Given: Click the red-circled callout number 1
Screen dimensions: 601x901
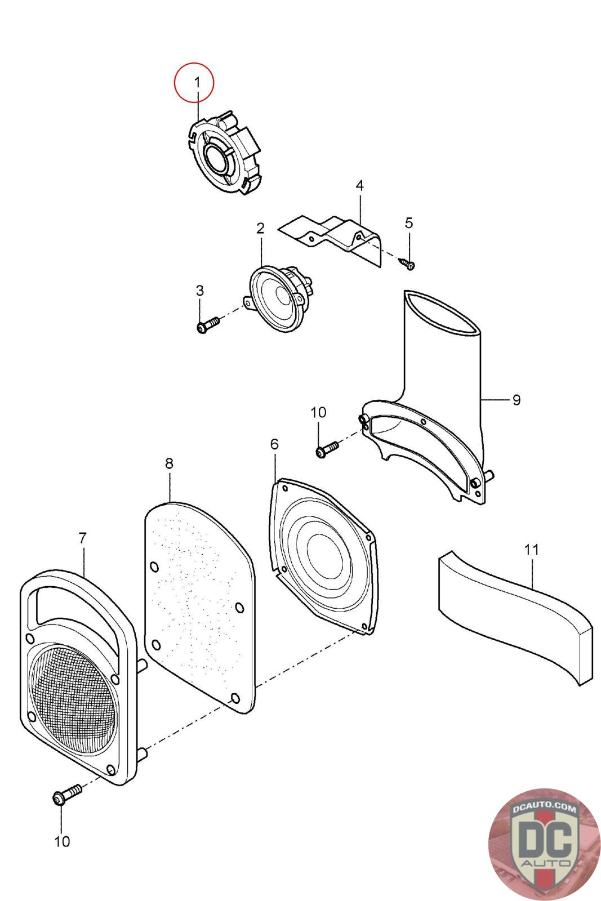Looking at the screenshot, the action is pyautogui.click(x=197, y=82).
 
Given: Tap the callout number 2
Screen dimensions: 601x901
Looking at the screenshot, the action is pyautogui.click(x=261, y=229).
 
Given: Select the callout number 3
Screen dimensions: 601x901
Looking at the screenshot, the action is pyautogui.click(x=200, y=291).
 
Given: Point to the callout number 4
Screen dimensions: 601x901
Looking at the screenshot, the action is pyautogui.click(x=359, y=185).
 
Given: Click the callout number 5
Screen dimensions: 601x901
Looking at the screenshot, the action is pyautogui.click(x=409, y=223).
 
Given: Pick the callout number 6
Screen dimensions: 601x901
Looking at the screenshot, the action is pyautogui.click(x=274, y=444).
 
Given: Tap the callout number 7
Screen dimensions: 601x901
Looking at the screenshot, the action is pyautogui.click(x=82, y=538).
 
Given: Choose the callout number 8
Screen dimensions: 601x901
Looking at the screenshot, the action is pyautogui.click(x=170, y=463).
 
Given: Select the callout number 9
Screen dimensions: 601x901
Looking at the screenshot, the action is pyautogui.click(x=517, y=400).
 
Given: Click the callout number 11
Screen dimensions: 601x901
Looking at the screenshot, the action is pyautogui.click(x=531, y=550).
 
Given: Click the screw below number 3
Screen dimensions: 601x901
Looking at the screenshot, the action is pyautogui.click(x=208, y=325).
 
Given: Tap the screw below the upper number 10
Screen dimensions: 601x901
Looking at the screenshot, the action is pyautogui.click(x=327, y=449).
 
